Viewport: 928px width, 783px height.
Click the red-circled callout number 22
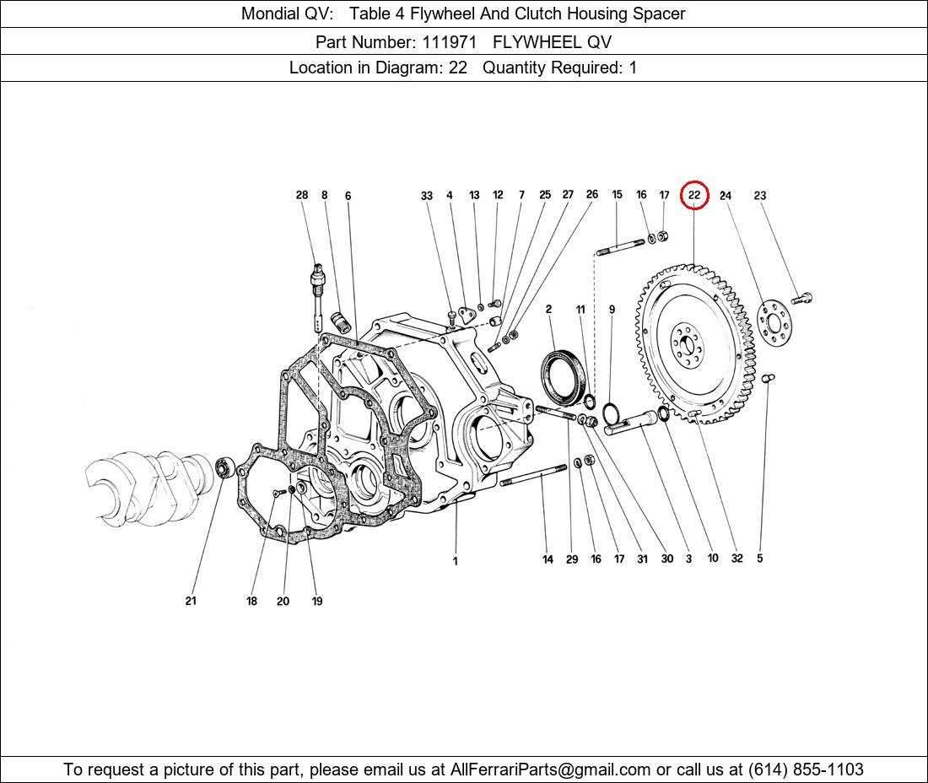click(x=694, y=195)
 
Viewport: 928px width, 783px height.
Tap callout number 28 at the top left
click(x=302, y=195)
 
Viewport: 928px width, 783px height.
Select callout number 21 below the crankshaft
click(x=191, y=601)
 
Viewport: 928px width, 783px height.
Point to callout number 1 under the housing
click(x=455, y=561)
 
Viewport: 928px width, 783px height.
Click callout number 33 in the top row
click(x=427, y=195)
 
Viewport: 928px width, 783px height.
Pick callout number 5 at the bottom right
click(x=760, y=558)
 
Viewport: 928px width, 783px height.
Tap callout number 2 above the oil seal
click(x=548, y=309)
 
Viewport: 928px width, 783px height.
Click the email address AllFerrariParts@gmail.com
click(x=550, y=769)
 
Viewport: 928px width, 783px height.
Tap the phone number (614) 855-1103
click(x=806, y=769)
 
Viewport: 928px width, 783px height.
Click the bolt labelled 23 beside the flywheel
click(x=802, y=299)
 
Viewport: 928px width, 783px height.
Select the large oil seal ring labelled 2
click(x=564, y=378)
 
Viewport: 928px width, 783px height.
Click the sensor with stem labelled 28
click(x=318, y=296)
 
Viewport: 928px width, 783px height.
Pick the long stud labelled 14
click(x=534, y=476)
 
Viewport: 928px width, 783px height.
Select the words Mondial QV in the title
click(x=287, y=13)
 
